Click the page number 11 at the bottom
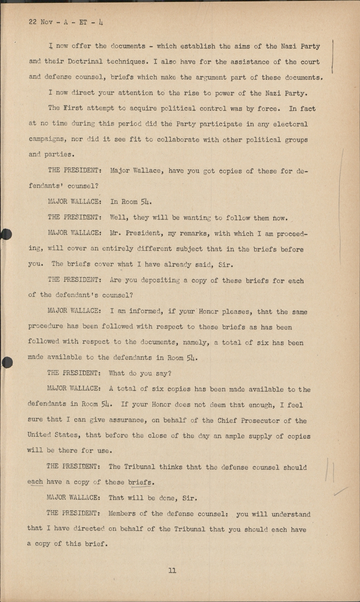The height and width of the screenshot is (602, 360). [x=172, y=570]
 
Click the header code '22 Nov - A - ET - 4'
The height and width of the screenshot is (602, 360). [x=66, y=22]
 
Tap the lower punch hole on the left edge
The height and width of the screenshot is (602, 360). [x=7, y=362]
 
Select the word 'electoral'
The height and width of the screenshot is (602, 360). [x=290, y=124]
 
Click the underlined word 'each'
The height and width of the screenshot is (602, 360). [x=35, y=482]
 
